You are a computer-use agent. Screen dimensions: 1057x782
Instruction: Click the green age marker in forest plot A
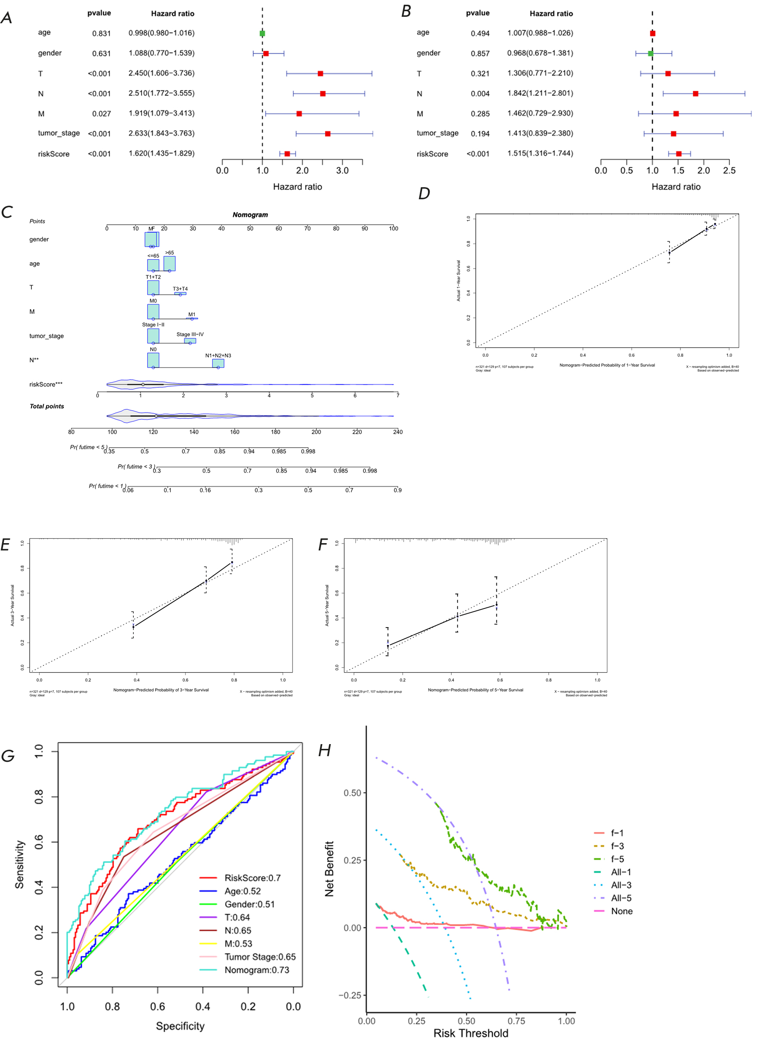click(x=262, y=34)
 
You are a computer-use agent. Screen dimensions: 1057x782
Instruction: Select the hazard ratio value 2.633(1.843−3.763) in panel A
click(x=161, y=133)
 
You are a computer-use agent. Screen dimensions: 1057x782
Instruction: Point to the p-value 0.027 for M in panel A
click(x=102, y=114)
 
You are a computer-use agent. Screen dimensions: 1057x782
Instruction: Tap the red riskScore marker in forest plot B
click(x=679, y=154)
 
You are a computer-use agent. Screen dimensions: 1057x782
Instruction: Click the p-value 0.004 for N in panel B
click(x=480, y=94)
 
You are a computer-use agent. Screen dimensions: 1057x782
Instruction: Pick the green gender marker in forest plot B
click(x=650, y=53)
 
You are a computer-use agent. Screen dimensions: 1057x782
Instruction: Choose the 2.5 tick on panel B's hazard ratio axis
click(x=729, y=170)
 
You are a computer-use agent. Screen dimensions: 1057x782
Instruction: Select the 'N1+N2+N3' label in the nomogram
click(x=218, y=355)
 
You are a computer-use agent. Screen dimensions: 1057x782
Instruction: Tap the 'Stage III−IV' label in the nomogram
click(x=190, y=334)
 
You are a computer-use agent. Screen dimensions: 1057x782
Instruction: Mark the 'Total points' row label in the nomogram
click(x=46, y=406)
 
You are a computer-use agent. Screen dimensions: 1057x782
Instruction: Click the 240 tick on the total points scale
click(x=397, y=432)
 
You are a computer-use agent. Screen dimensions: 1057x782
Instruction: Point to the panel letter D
click(x=424, y=193)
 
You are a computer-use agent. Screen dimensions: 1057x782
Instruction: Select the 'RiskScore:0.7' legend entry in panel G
click(x=252, y=878)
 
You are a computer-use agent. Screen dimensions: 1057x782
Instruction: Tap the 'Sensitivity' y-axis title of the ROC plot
click(x=19, y=864)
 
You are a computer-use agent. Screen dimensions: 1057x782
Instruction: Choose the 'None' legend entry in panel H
click(x=622, y=911)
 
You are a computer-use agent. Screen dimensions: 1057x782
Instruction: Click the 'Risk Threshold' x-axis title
click(x=471, y=1033)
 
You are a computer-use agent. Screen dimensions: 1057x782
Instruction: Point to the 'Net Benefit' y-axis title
click(x=329, y=869)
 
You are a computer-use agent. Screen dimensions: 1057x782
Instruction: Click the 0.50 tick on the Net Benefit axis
click(x=352, y=793)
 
